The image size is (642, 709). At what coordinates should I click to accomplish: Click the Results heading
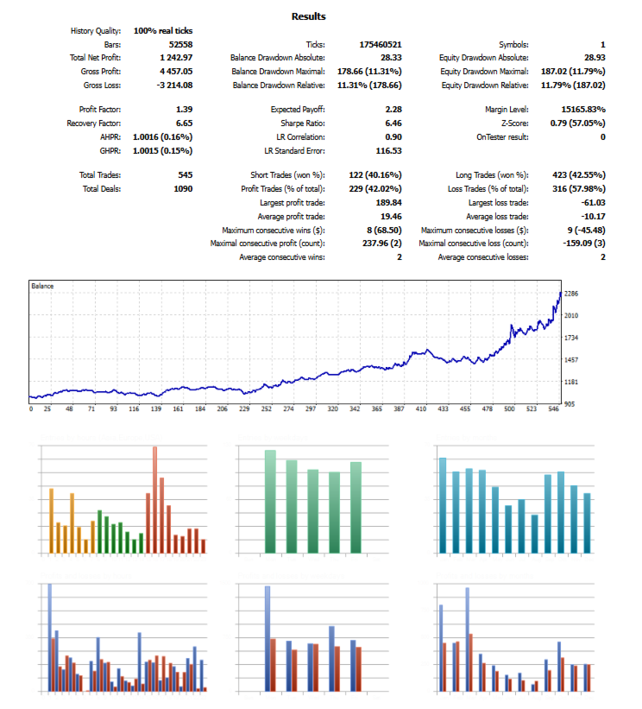coord(309,16)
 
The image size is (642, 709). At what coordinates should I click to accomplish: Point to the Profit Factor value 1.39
coord(183,110)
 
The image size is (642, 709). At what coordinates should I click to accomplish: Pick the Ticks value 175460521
coord(381,44)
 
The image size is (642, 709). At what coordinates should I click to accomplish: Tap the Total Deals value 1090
coord(182,188)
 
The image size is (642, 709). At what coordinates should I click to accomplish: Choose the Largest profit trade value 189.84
coord(387,202)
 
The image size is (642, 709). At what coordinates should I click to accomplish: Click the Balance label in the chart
coord(42,285)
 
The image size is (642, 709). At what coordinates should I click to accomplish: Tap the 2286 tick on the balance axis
coord(570,294)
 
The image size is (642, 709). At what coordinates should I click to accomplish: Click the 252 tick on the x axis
coord(267,409)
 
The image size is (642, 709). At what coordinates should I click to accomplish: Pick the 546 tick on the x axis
coord(553,409)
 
